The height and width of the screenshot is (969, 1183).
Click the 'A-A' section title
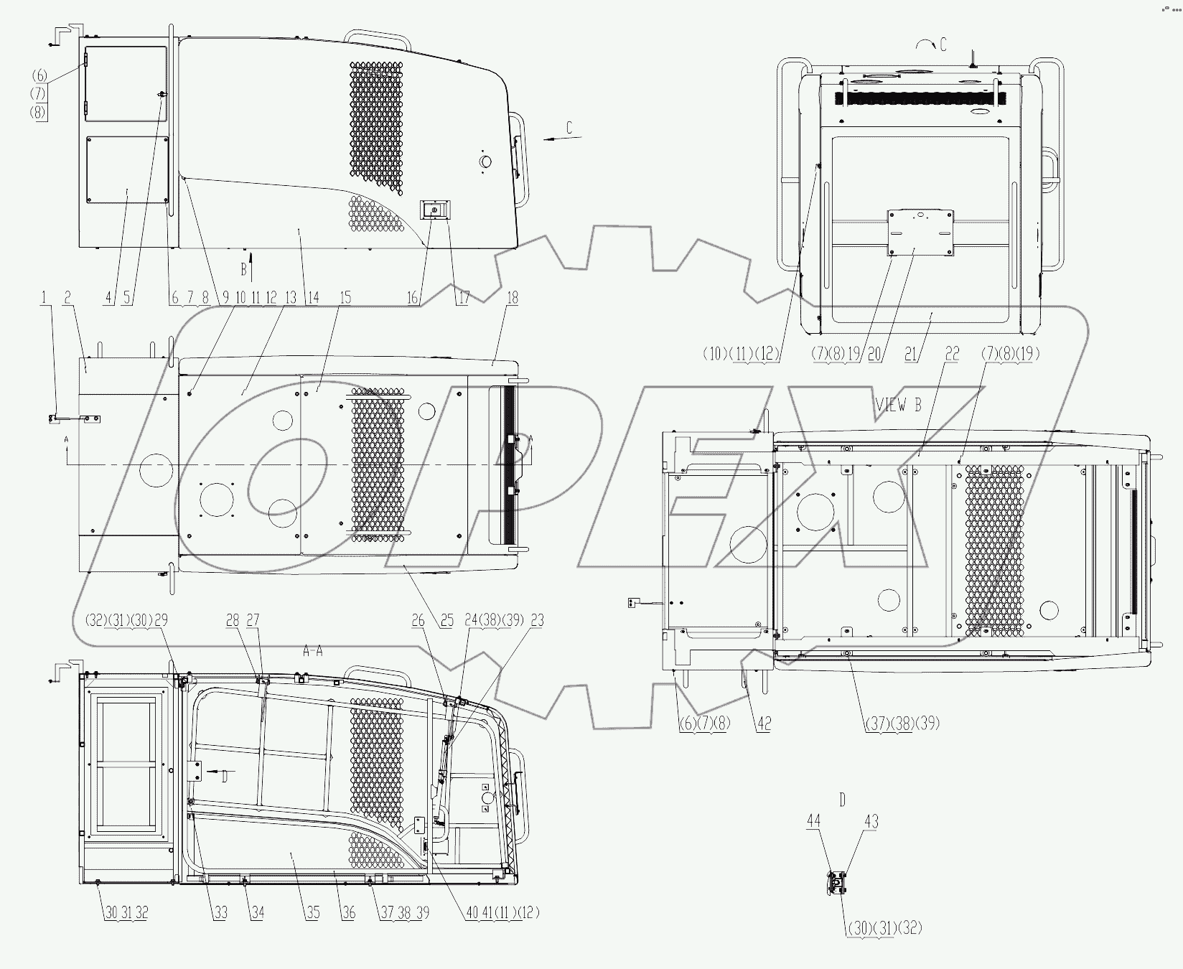pyautogui.click(x=312, y=651)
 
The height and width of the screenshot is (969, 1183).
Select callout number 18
pyautogui.click(x=512, y=298)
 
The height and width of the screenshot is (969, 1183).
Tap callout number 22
pyautogui.click(x=952, y=354)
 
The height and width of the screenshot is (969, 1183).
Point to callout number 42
pyautogui.click(x=764, y=724)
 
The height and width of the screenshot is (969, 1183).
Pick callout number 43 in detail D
pyautogui.click(x=870, y=821)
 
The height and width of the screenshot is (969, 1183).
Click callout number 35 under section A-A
pyautogui.click(x=312, y=913)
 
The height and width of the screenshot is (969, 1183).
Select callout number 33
pyautogui.click(x=220, y=913)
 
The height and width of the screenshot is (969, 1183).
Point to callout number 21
pyautogui.click(x=912, y=354)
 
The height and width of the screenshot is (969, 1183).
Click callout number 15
pyautogui.click(x=345, y=298)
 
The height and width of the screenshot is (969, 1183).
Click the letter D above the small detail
pyautogui.click(x=842, y=799)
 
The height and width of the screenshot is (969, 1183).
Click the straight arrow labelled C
pyautogui.click(x=560, y=139)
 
